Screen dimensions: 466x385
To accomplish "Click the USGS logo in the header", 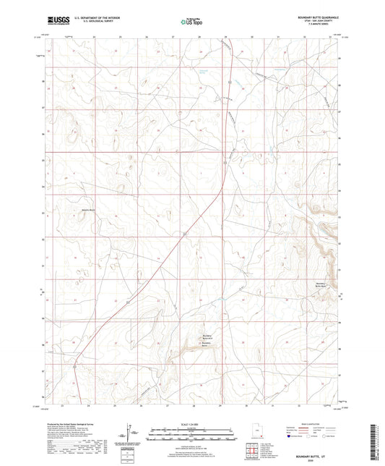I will point(53,22).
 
